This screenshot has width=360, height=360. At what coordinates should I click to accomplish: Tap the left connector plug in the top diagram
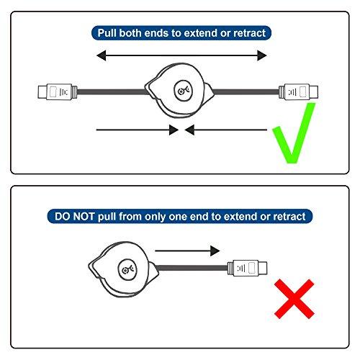pos(55,91)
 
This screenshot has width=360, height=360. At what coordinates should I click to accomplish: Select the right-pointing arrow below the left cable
pos(137,130)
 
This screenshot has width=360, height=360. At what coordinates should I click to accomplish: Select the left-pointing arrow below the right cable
pos(226,130)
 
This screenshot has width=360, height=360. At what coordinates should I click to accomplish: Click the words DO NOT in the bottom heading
pos(76,215)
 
